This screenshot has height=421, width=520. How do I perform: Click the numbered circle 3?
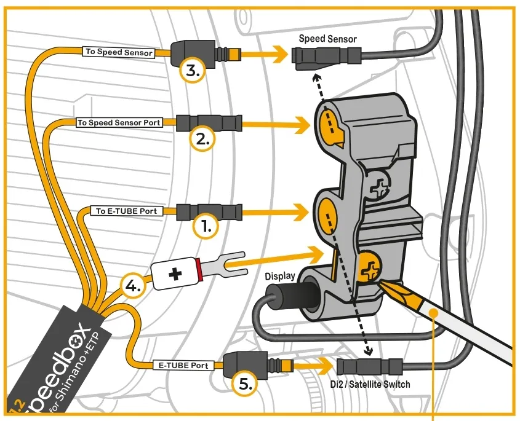click(x=193, y=71)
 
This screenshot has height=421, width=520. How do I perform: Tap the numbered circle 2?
click(x=203, y=139)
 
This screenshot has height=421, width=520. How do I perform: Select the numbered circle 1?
click(x=206, y=227)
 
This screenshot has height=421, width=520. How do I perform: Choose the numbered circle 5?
click(x=245, y=384)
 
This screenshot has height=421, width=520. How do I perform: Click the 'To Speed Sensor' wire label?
click(x=119, y=52)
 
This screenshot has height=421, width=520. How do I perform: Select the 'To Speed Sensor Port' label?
click(x=119, y=122)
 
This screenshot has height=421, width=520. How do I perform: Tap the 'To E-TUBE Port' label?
click(x=126, y=211)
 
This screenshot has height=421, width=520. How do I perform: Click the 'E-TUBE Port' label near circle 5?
click(x=183, y=365)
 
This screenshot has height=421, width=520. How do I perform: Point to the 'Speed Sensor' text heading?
click(x=327, y=39)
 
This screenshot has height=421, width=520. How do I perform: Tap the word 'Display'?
click(x=280, y=275)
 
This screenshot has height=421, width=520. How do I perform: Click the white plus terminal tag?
click(x=175, y=274)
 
